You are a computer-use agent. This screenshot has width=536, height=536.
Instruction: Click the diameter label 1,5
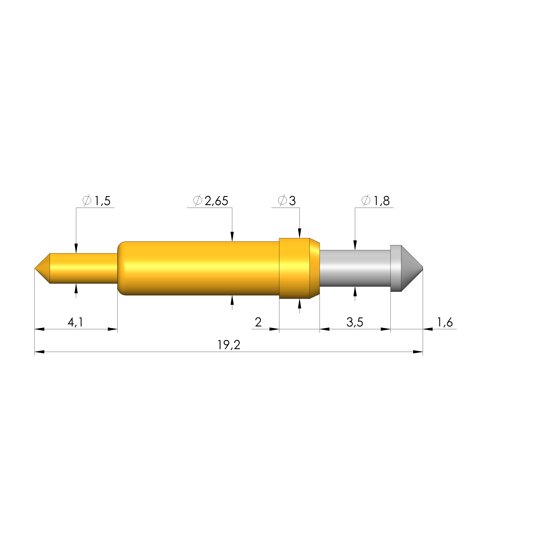click(x=103, y=201)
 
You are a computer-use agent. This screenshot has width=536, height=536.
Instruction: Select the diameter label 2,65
click(x=216, y=201)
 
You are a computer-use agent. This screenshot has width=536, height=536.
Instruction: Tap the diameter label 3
click(x=292, y=201)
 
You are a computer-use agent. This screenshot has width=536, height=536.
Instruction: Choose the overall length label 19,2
click(x=229, y=345)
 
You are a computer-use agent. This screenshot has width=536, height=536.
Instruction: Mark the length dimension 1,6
click(x=445, y=322)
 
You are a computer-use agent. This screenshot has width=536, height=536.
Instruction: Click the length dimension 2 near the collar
click(x=258, y=322)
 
